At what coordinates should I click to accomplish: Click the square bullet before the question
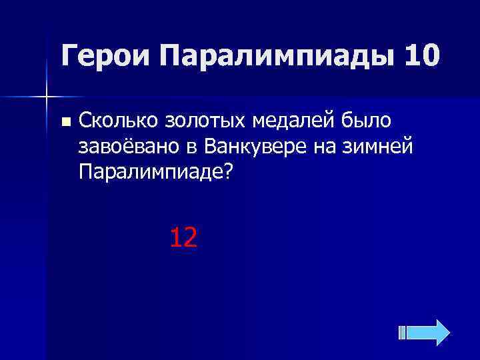pyautogui.click(x=65, y=122)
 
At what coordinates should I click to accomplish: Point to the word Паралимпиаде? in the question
pyautogui.click(x=155, y=171)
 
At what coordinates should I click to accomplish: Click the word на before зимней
pyautogui.click(x=329, y=146)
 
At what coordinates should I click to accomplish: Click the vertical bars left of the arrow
pyautogui.click(x=402, y=332)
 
